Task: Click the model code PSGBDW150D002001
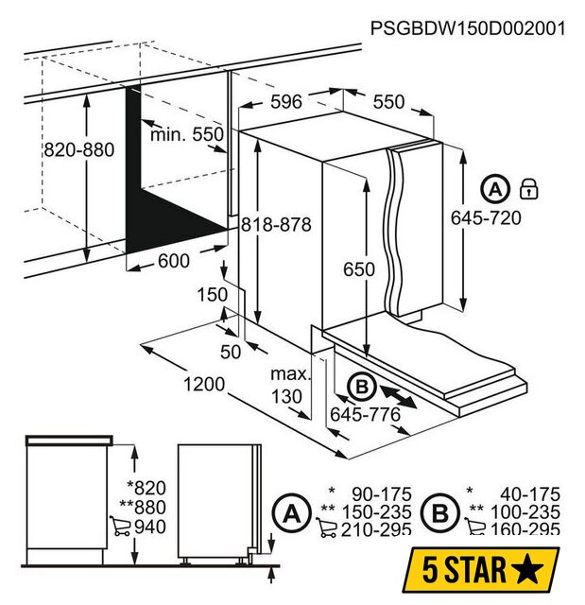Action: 468,28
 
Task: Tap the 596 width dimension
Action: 285,102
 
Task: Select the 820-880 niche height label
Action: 79,149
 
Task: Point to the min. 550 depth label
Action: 187,134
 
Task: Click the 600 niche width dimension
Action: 174,261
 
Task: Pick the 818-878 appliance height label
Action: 276,225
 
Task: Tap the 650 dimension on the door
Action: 358,269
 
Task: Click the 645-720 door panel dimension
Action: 486,218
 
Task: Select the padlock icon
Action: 528,189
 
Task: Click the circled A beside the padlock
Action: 495,189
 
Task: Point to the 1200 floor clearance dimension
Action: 204,385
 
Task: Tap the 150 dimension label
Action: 212,295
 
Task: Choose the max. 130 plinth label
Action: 290,386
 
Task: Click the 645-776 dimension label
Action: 365,415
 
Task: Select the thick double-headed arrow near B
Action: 398,396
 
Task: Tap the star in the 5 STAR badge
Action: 528,570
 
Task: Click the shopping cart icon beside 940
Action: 120,526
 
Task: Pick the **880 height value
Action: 143,507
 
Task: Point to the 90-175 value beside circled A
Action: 382,494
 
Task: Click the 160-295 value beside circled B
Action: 525,529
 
